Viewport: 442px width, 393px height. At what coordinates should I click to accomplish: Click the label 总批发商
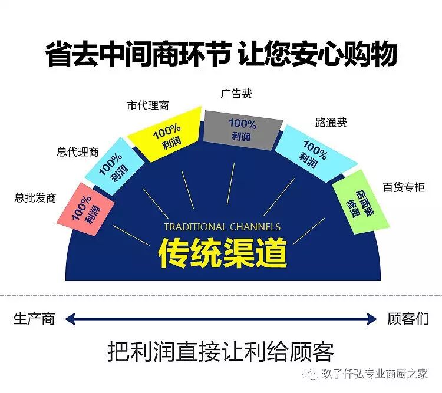pos(35,198)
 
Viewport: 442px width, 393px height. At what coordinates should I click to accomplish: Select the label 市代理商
pos(147,105)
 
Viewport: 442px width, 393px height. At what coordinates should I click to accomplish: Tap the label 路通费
pos(331,123)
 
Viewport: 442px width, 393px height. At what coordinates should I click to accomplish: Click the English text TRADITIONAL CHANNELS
pos(222,227)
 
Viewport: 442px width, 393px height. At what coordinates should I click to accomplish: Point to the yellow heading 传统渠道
pos(223,253)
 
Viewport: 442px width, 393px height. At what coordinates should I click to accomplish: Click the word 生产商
pos(34,319)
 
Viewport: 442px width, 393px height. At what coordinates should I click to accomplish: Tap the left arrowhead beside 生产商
pos(70,319)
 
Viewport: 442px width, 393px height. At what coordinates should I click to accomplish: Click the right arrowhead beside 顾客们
pos(372,319)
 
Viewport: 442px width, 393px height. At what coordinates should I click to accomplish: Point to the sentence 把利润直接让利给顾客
pos(221,351)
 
